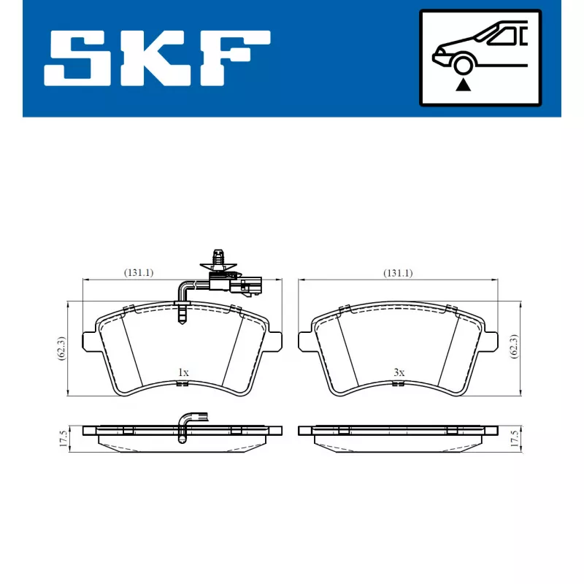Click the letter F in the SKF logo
click(234, 58)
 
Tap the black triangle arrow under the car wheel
click(461, 86)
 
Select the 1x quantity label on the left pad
click(183, 373)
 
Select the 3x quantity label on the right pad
click(399, 373)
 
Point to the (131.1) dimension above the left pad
click(138, 273)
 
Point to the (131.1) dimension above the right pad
click(398, 273)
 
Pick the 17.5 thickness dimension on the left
click(64, 439)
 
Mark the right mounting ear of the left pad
click(275, 340)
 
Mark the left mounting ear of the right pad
click(304, 340)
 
